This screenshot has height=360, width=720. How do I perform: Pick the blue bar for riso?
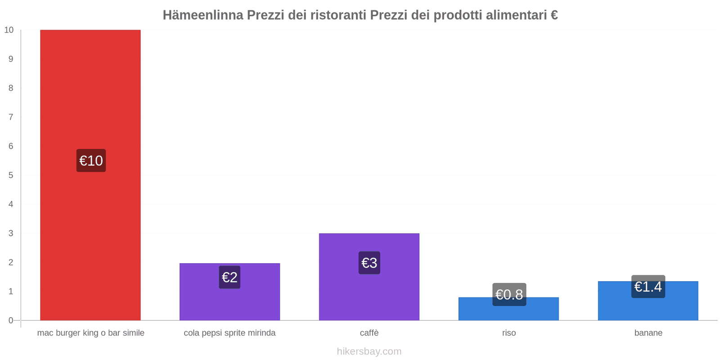[508, 313]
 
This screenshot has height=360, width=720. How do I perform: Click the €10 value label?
[91, 161]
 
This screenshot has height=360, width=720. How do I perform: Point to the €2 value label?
[229, 277]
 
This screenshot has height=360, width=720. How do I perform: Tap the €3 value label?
[369, 263]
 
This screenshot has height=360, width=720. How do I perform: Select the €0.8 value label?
[509, 294]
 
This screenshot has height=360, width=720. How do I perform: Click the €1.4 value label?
[648, 287]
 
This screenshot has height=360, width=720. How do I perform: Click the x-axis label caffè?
[369, 333]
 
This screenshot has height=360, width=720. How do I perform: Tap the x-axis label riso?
[509, 333]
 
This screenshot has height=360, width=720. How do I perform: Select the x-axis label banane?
[648, 333]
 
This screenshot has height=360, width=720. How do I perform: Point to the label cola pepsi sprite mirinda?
[229, 333]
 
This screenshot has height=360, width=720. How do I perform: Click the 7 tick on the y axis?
[11, 117]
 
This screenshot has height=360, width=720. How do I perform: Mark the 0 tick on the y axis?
[11, 320]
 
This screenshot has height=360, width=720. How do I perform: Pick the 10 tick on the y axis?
[9, 30]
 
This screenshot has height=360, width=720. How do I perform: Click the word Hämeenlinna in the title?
[203, 15]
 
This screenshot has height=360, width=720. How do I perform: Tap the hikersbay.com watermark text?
[369, 351]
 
